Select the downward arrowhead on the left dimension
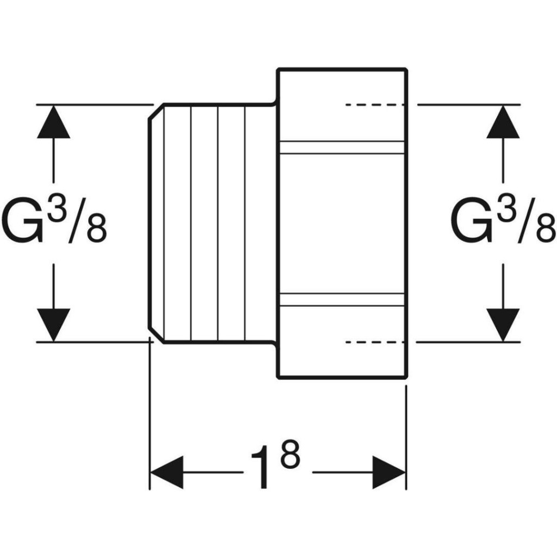point(54,324)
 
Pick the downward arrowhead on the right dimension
point(503,324)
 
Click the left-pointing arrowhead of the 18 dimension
point(166,472)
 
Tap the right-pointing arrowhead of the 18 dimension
point(389,472)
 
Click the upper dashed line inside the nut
point(375,104)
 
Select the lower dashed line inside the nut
point(375,342)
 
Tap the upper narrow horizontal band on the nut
point(342,147)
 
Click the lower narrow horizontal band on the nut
point(342,299)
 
